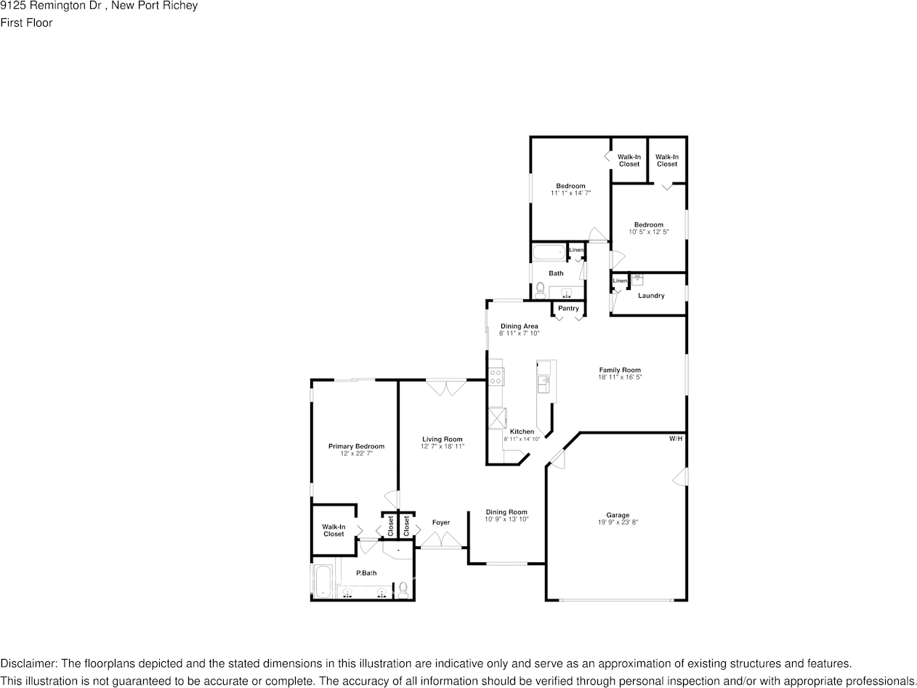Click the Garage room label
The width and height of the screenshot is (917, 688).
click(x=618, y=515)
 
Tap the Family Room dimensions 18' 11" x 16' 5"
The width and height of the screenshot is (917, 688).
click(x=619, y=377)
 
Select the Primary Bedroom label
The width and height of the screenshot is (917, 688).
click(x=356, y=446)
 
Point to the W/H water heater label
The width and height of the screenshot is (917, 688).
click(x=676, y=439)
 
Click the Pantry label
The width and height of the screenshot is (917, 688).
click(x=568, y=309)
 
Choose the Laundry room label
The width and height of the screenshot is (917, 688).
click(x=651, y=296)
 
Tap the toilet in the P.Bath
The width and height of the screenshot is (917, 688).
click(x=403, y=588)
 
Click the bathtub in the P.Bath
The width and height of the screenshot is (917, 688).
click(x=323, y=581)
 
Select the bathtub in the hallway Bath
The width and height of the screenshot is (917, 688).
click(x=549, y=253)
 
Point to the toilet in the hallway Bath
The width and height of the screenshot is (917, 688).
click(x=540, y=291)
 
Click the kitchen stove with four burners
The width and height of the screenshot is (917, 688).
click(x=496, y=376)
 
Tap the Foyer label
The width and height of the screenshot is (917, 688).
click(x=440, y=522)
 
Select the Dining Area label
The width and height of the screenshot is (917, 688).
click(x=519, y=326)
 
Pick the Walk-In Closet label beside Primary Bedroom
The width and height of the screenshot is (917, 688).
click(x=334, y=530)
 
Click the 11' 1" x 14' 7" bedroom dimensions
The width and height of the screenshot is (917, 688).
click(x=570, y=193)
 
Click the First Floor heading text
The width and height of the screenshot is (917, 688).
click(x=26, y=23)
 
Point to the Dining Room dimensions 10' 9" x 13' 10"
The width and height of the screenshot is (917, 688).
click(x=506, y=519)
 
